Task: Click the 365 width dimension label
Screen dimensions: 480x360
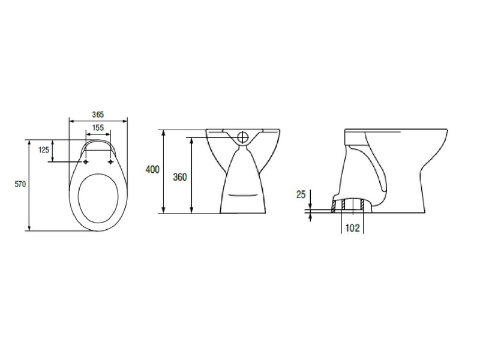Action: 98,115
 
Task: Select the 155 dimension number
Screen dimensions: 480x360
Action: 98,127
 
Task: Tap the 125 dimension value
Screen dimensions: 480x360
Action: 43,149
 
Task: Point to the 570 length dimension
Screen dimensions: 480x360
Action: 20,184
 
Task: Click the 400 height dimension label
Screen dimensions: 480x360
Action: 152,169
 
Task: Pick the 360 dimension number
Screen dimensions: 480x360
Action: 179,177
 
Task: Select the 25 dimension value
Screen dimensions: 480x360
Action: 301,194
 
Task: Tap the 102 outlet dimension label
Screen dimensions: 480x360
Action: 352,228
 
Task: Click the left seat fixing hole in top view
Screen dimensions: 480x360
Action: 86,161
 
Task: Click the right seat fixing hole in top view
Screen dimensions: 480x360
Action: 110,161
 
